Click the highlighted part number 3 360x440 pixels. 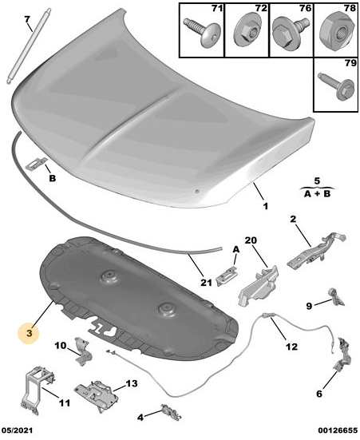pyautogui.click(x=30, y=333)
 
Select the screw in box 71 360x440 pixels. pyautogui.click(x=202, y=31)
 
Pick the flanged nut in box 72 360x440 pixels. pyautogui.click(x=247, y=31)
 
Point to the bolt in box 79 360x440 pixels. pyautogui.click(x=337, y=86)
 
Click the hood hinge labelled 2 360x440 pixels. pyautogui.click(x=316, y=252)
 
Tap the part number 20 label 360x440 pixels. pyautogui.click(x=251, y=240)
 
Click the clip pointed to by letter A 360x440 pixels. pyautogui.click(x=226, y=277)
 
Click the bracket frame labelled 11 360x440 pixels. pyautogui.click(x=37, y=390)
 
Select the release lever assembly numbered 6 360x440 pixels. pyautogui.click(x=342, y=354)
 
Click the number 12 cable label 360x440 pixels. pyautogui.click(x=291, y=347)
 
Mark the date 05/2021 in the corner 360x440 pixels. pyautogui.click(x=17, y=430)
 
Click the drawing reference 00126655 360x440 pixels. pyautogui.click(x=338, y=430)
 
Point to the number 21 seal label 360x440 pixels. pyautogui.click(x=206, y=283)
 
